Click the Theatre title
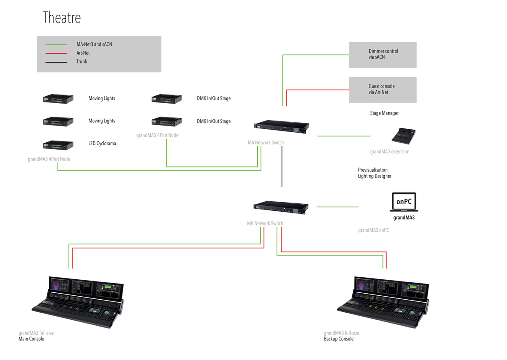coord(62,18)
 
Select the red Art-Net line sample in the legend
coord(56,53)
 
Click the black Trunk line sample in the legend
coord(56,62)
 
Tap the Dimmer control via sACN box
coord(383,55)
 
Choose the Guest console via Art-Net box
coord(383,90)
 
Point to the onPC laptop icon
coord(403,202)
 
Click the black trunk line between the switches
coord(282,167)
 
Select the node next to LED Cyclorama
coord(58,144)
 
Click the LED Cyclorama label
coord(102,144)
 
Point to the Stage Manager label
coord(384,113)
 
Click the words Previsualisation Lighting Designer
coord(374,173)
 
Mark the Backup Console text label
coord(338,339)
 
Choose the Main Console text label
coord(31,339)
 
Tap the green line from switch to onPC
coord(338,207)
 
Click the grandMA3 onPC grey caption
coord(373,230)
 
